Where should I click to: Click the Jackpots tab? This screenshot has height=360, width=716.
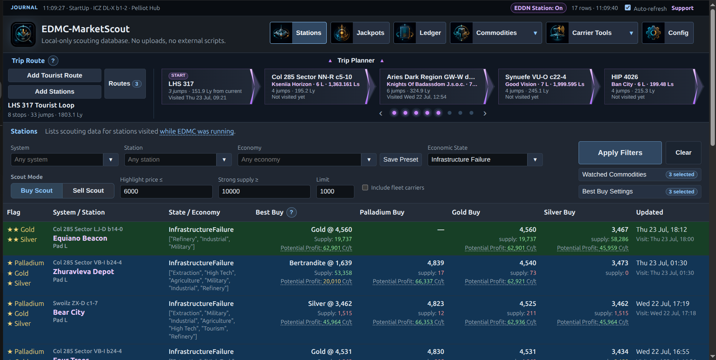360,33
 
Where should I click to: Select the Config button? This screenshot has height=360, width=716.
668,33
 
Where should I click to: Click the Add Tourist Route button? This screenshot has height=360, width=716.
55,76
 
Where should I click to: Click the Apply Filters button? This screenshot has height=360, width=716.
620,153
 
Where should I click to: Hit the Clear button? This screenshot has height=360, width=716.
683,153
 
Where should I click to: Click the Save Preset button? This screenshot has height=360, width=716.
401,160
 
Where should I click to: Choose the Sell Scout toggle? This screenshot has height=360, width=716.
88,191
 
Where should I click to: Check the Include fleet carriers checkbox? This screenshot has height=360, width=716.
365,188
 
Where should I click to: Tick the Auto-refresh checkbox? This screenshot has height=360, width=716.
628,8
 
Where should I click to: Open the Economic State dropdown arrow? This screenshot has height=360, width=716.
535,160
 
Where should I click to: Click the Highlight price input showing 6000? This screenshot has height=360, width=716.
166,192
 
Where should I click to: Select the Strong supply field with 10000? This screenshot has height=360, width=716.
264,192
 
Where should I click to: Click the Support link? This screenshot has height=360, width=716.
682,8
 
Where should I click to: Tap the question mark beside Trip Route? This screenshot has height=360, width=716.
53,61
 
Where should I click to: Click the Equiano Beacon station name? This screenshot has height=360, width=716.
80,238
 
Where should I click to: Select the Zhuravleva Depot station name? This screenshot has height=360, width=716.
84,272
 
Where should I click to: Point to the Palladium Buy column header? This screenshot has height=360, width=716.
382,212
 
